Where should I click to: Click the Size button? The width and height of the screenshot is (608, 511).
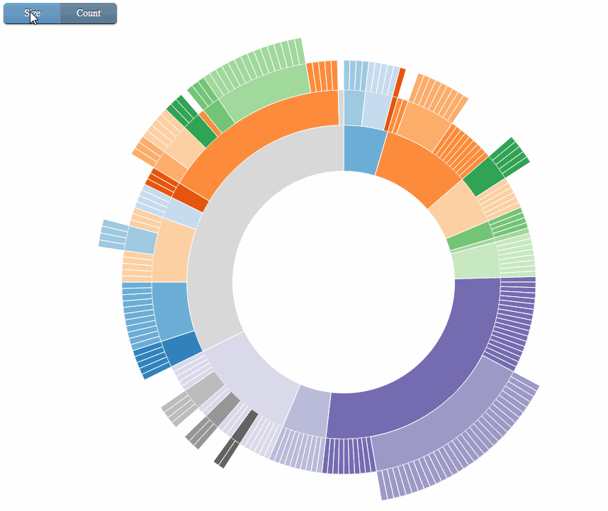click(x=32, y=13)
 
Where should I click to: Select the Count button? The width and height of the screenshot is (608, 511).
click(x=89, y=13)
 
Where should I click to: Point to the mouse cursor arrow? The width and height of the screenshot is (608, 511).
click(x=33, y=17)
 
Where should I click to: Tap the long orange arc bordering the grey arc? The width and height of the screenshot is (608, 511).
click(x=262, y=128)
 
